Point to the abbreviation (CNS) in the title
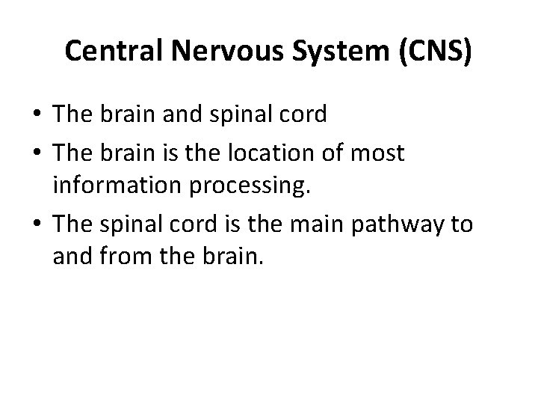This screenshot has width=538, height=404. [436, 51]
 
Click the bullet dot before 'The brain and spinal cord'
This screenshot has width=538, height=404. [37, 114]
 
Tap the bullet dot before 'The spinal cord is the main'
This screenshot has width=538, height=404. [37, 225]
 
